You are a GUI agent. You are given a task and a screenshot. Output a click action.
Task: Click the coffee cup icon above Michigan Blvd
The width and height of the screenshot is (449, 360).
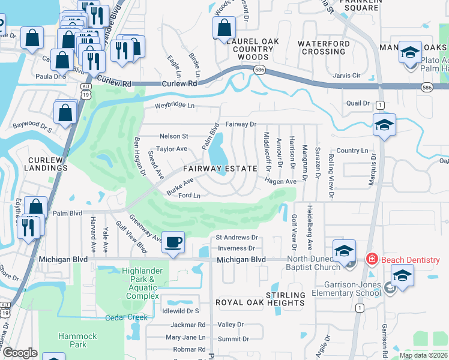(x=173, y=242)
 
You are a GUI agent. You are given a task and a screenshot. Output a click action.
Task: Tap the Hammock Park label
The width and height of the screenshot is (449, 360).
(x=72, y=340)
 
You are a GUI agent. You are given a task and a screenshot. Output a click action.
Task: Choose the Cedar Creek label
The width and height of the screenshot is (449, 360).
(x=126, y=317)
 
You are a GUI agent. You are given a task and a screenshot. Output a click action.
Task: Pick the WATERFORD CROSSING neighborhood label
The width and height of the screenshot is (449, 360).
(x=324, y=48)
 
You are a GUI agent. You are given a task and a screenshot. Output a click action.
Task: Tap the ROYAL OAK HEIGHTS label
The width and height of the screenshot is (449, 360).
(x=260, y=303)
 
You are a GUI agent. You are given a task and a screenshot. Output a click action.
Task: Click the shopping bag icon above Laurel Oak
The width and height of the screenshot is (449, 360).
(x=223, y=27)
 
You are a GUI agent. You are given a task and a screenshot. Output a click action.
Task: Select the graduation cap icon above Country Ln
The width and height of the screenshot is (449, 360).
(x=384, y=125)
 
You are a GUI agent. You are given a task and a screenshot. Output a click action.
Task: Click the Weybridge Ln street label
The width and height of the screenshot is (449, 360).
(x=175, y=106)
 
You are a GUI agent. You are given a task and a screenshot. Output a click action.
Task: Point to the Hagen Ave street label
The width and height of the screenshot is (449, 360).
(x=282, y=181)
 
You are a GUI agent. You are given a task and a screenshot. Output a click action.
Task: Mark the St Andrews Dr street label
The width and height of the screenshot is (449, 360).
(x=237, y=238)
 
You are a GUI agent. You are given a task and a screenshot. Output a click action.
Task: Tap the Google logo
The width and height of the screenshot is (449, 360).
(x=20, y=353)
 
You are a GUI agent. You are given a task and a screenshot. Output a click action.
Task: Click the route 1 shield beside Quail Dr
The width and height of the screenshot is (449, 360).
(x=379, y=106)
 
